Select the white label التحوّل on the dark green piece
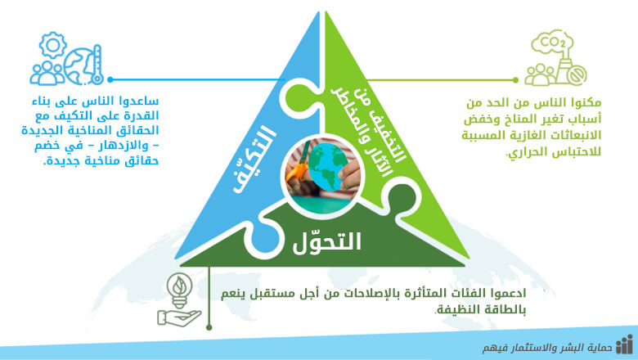tap(327, 241)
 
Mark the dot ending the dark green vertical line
tap(209, 326)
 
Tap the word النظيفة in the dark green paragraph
tap(452, 308)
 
